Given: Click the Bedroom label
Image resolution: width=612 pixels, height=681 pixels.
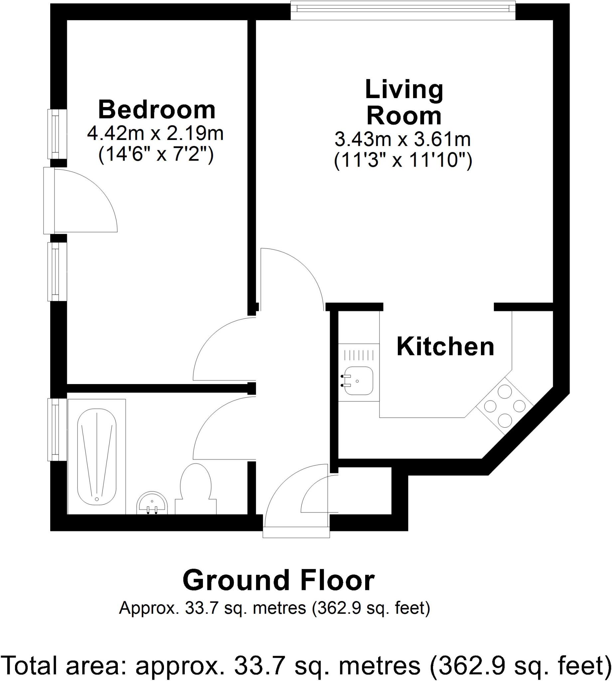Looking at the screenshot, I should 157,110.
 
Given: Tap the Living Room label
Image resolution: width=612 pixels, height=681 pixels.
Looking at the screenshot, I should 404,102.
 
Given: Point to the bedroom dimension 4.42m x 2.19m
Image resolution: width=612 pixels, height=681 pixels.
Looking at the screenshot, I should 155,134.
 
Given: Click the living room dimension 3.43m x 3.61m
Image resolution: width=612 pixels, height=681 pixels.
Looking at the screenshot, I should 402,140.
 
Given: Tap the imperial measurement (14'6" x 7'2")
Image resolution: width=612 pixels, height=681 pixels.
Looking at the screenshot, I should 156,155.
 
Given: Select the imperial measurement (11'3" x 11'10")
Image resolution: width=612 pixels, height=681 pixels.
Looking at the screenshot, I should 403,161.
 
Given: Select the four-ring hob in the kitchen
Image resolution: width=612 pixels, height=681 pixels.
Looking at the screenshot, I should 505,405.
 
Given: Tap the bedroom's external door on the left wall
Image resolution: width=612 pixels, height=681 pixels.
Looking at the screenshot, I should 50,201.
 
